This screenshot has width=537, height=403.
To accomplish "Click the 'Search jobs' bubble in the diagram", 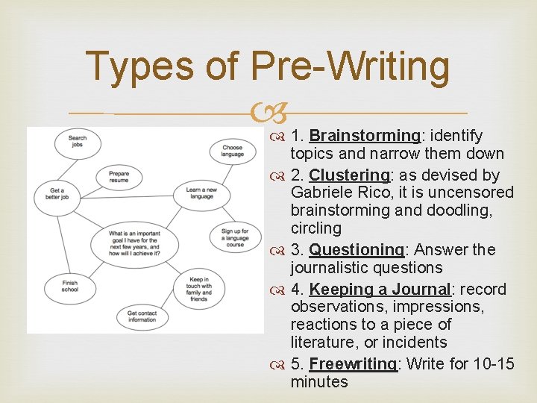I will [x=77, y=141].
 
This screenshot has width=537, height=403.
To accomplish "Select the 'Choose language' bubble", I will [x=232, y=151].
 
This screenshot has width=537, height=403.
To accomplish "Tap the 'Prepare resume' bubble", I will [x=119, y=178].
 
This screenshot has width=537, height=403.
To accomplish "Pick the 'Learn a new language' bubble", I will [x=201, y=193].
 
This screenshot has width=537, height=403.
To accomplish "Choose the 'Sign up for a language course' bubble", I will [x=235, y=237].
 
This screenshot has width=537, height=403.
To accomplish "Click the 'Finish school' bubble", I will [x=69, y=286].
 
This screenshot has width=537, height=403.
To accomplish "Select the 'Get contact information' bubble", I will [x=142, y=317].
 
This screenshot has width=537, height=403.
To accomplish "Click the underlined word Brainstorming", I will [x=365, y=136].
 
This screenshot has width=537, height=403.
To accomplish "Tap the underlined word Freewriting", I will [x=354, y=364].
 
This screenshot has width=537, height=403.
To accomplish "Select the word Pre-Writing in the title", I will [x=351, y=66].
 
